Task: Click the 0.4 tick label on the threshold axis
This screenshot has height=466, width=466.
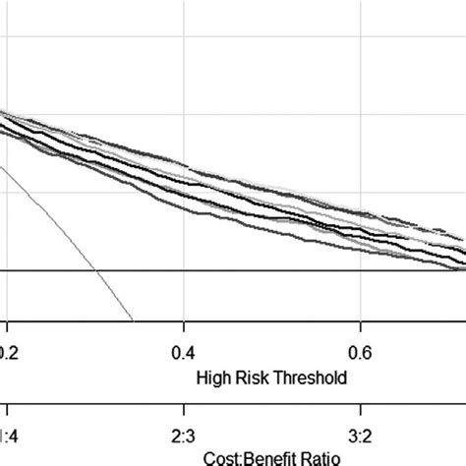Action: click(184, 351)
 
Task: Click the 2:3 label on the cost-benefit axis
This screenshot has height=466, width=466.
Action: click(184, 432)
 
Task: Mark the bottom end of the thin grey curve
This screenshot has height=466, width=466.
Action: click(132, 319)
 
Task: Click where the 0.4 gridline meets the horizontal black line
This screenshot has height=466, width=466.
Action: click(184, 269)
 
